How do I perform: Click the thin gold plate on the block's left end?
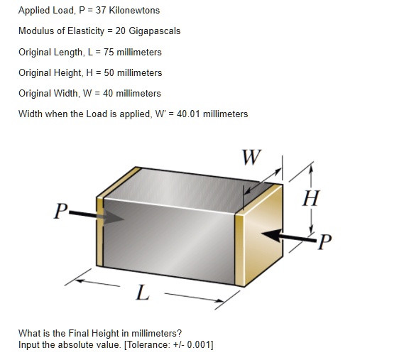100,227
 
